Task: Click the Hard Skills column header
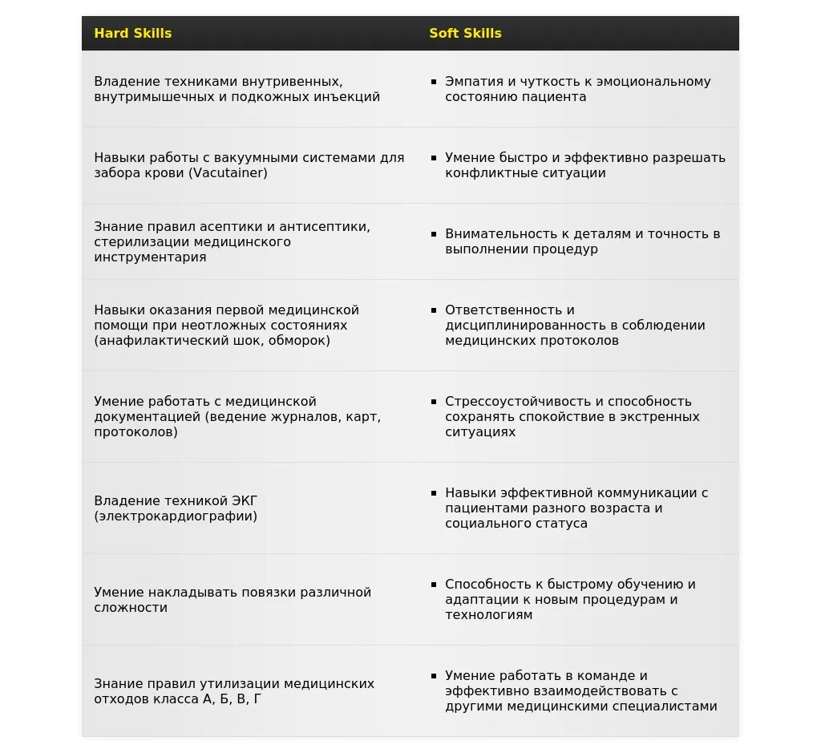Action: (132, 33)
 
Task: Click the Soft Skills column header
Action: (465, 33)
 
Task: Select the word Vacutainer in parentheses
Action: (229, 173)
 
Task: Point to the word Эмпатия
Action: (470, 82)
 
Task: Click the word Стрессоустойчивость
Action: (512, 402)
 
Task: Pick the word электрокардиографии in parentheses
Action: (176, 516)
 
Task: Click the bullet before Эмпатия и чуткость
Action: (434, 82)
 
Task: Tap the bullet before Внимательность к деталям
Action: (434, 234)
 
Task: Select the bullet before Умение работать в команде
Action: (434, 676)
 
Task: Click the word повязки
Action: (269, 593)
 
